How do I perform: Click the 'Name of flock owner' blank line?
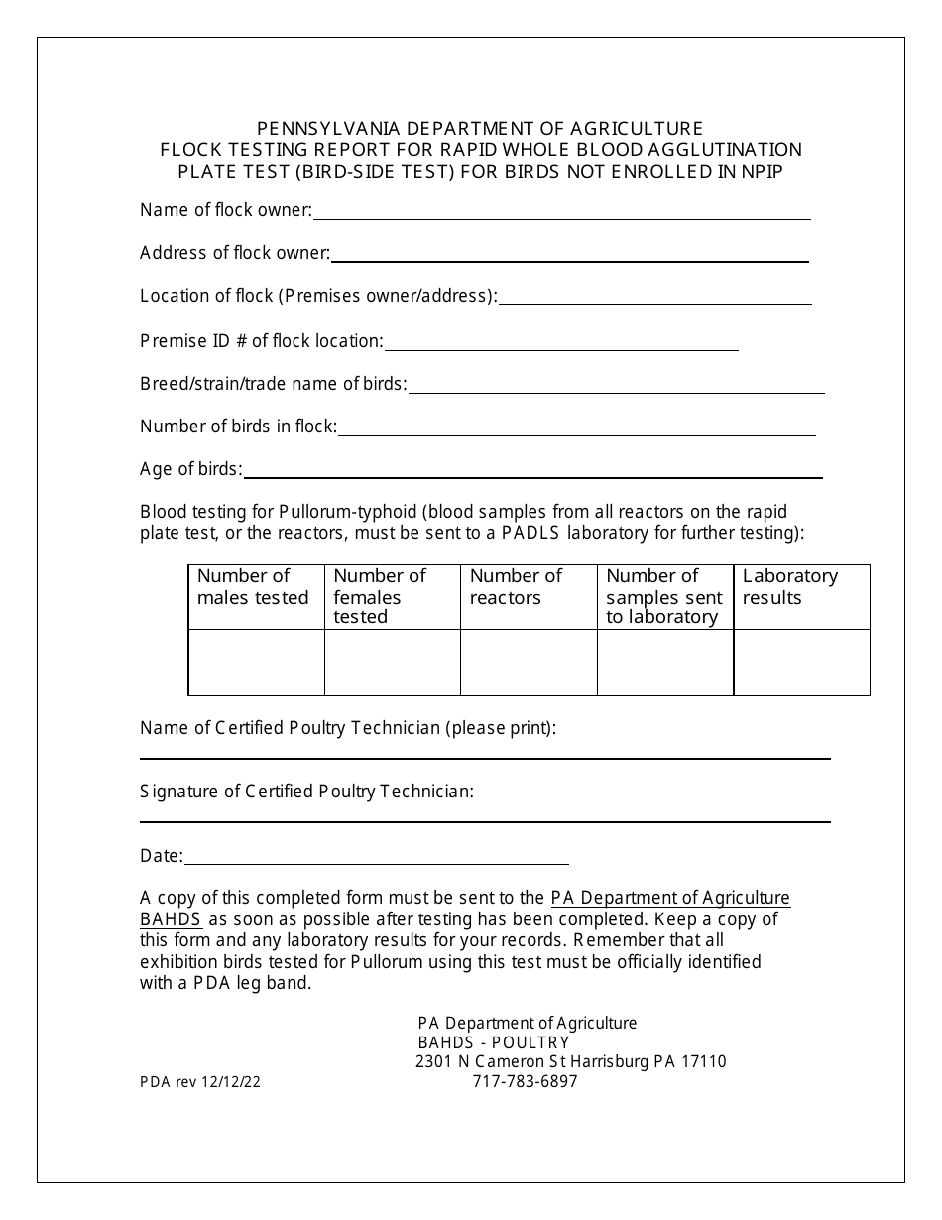(561, 213)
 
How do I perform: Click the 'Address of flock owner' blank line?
(569, 256)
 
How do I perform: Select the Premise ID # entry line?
(561, 344)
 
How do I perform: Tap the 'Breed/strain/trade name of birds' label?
(273, 384)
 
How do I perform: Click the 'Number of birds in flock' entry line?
(576, 429)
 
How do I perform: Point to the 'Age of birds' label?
(190, 469)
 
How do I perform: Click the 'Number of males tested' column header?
(255, 587)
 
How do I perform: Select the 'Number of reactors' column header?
(516, 587)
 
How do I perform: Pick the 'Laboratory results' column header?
(790, 587)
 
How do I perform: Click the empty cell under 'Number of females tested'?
(392, 663)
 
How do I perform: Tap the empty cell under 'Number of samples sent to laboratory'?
(664, 663)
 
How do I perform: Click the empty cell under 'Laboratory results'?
(801, 663)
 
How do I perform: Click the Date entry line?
(377, 859)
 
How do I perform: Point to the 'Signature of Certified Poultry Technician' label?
(306, 792)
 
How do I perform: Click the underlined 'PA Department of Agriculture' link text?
(670, 898)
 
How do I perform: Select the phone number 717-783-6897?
(525, 1081)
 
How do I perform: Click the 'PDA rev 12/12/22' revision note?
(200, 1083)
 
